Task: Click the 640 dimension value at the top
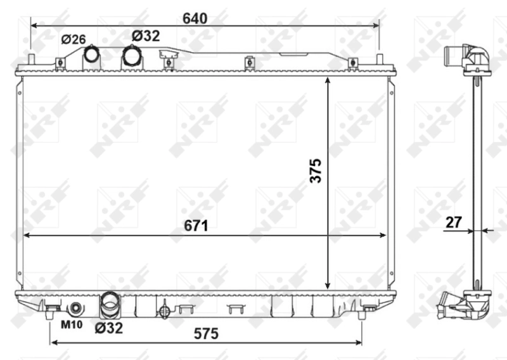click(195, 18)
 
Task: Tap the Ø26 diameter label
click(74, 39)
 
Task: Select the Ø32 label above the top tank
click(146, 36)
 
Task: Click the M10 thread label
click(71, 326)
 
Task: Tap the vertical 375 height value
click(316, 170)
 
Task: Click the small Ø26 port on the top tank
click(93, 55)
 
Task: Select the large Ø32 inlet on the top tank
click(132, 55)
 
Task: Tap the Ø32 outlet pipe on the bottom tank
click(110, 303)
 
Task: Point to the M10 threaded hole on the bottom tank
click(76, 309)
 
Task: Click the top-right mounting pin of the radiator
click(379, 60)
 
